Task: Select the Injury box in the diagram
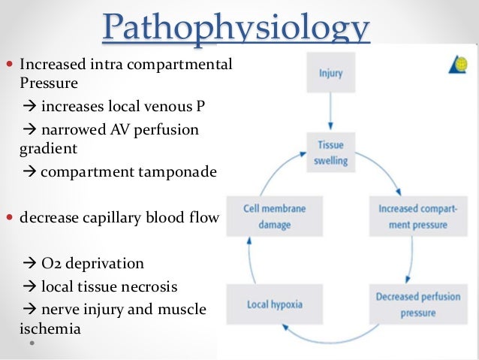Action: tap(330, 74)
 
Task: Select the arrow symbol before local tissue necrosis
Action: tap(30, 286)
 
